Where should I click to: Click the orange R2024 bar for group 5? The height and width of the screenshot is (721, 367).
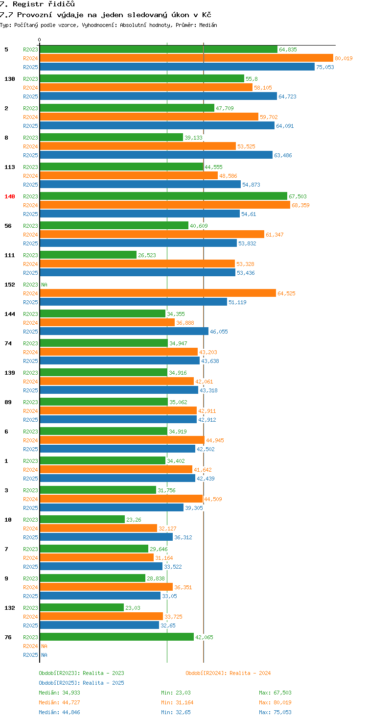click(186, 58)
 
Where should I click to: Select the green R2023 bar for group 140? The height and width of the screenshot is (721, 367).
click(163, 196)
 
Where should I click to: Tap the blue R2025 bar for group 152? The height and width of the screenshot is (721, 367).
click(133, 302)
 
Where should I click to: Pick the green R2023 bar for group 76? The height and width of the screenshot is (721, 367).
click(116, 637)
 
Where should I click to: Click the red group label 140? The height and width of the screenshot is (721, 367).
click(10, 196)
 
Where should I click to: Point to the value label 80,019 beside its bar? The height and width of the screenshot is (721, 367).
click(344, 58)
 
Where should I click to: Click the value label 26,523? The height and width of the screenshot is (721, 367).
click(147, 255)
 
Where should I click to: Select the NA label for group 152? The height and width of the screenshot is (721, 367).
click(44, 285)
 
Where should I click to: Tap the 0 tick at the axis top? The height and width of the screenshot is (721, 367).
click(40, 40)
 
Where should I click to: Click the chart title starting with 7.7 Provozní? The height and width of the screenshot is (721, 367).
click(105, 15)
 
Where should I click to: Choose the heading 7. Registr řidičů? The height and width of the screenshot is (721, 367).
click(38, 4)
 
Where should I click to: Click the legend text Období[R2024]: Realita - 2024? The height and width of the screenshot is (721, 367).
click(228, 673)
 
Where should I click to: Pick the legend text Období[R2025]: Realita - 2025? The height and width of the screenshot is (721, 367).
click(81, 683)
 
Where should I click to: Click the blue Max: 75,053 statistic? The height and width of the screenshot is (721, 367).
click(275, 712)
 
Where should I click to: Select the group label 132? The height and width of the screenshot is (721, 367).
click(10, 608)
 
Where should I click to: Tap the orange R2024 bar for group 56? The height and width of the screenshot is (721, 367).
click(152, 235)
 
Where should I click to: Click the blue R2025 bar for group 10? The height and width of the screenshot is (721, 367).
click(106, 537)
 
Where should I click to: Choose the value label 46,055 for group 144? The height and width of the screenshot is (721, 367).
click(219, 332)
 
